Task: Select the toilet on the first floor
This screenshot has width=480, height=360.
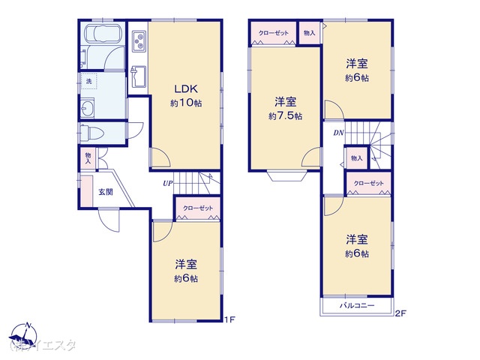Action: pos(92,133)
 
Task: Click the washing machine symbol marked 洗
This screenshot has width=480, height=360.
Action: pos(88,79)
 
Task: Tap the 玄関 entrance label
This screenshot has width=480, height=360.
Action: pos(106,192)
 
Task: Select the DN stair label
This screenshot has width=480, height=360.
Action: pos(338,133)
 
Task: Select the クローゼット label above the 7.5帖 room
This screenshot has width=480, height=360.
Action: pos(273,34)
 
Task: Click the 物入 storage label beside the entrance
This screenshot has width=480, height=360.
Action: pos(88,158)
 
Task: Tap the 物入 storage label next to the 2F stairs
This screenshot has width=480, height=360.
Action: pos(356,158)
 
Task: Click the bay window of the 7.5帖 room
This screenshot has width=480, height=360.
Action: pos(288,176)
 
